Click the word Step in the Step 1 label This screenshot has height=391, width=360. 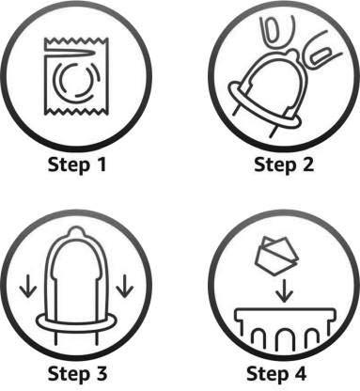coord(69,165)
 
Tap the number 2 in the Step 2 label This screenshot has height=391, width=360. coord(307,164)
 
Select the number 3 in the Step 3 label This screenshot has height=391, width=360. coord(101,373)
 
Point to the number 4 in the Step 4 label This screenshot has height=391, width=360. coord(299,373)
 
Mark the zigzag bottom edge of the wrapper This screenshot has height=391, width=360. coord(77,110)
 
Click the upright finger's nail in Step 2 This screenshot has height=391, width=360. coord(273,30)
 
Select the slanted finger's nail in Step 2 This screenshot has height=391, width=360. coord(319,55)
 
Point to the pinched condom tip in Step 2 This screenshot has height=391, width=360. coord(293,52)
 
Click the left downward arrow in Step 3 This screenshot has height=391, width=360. coord(28,286)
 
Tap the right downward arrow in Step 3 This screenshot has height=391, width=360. coord(125,286)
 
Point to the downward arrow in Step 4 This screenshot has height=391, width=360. coord(285,291)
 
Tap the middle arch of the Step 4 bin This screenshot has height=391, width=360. coord(285,333)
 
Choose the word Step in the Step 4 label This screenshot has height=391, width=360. coord(267,374)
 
